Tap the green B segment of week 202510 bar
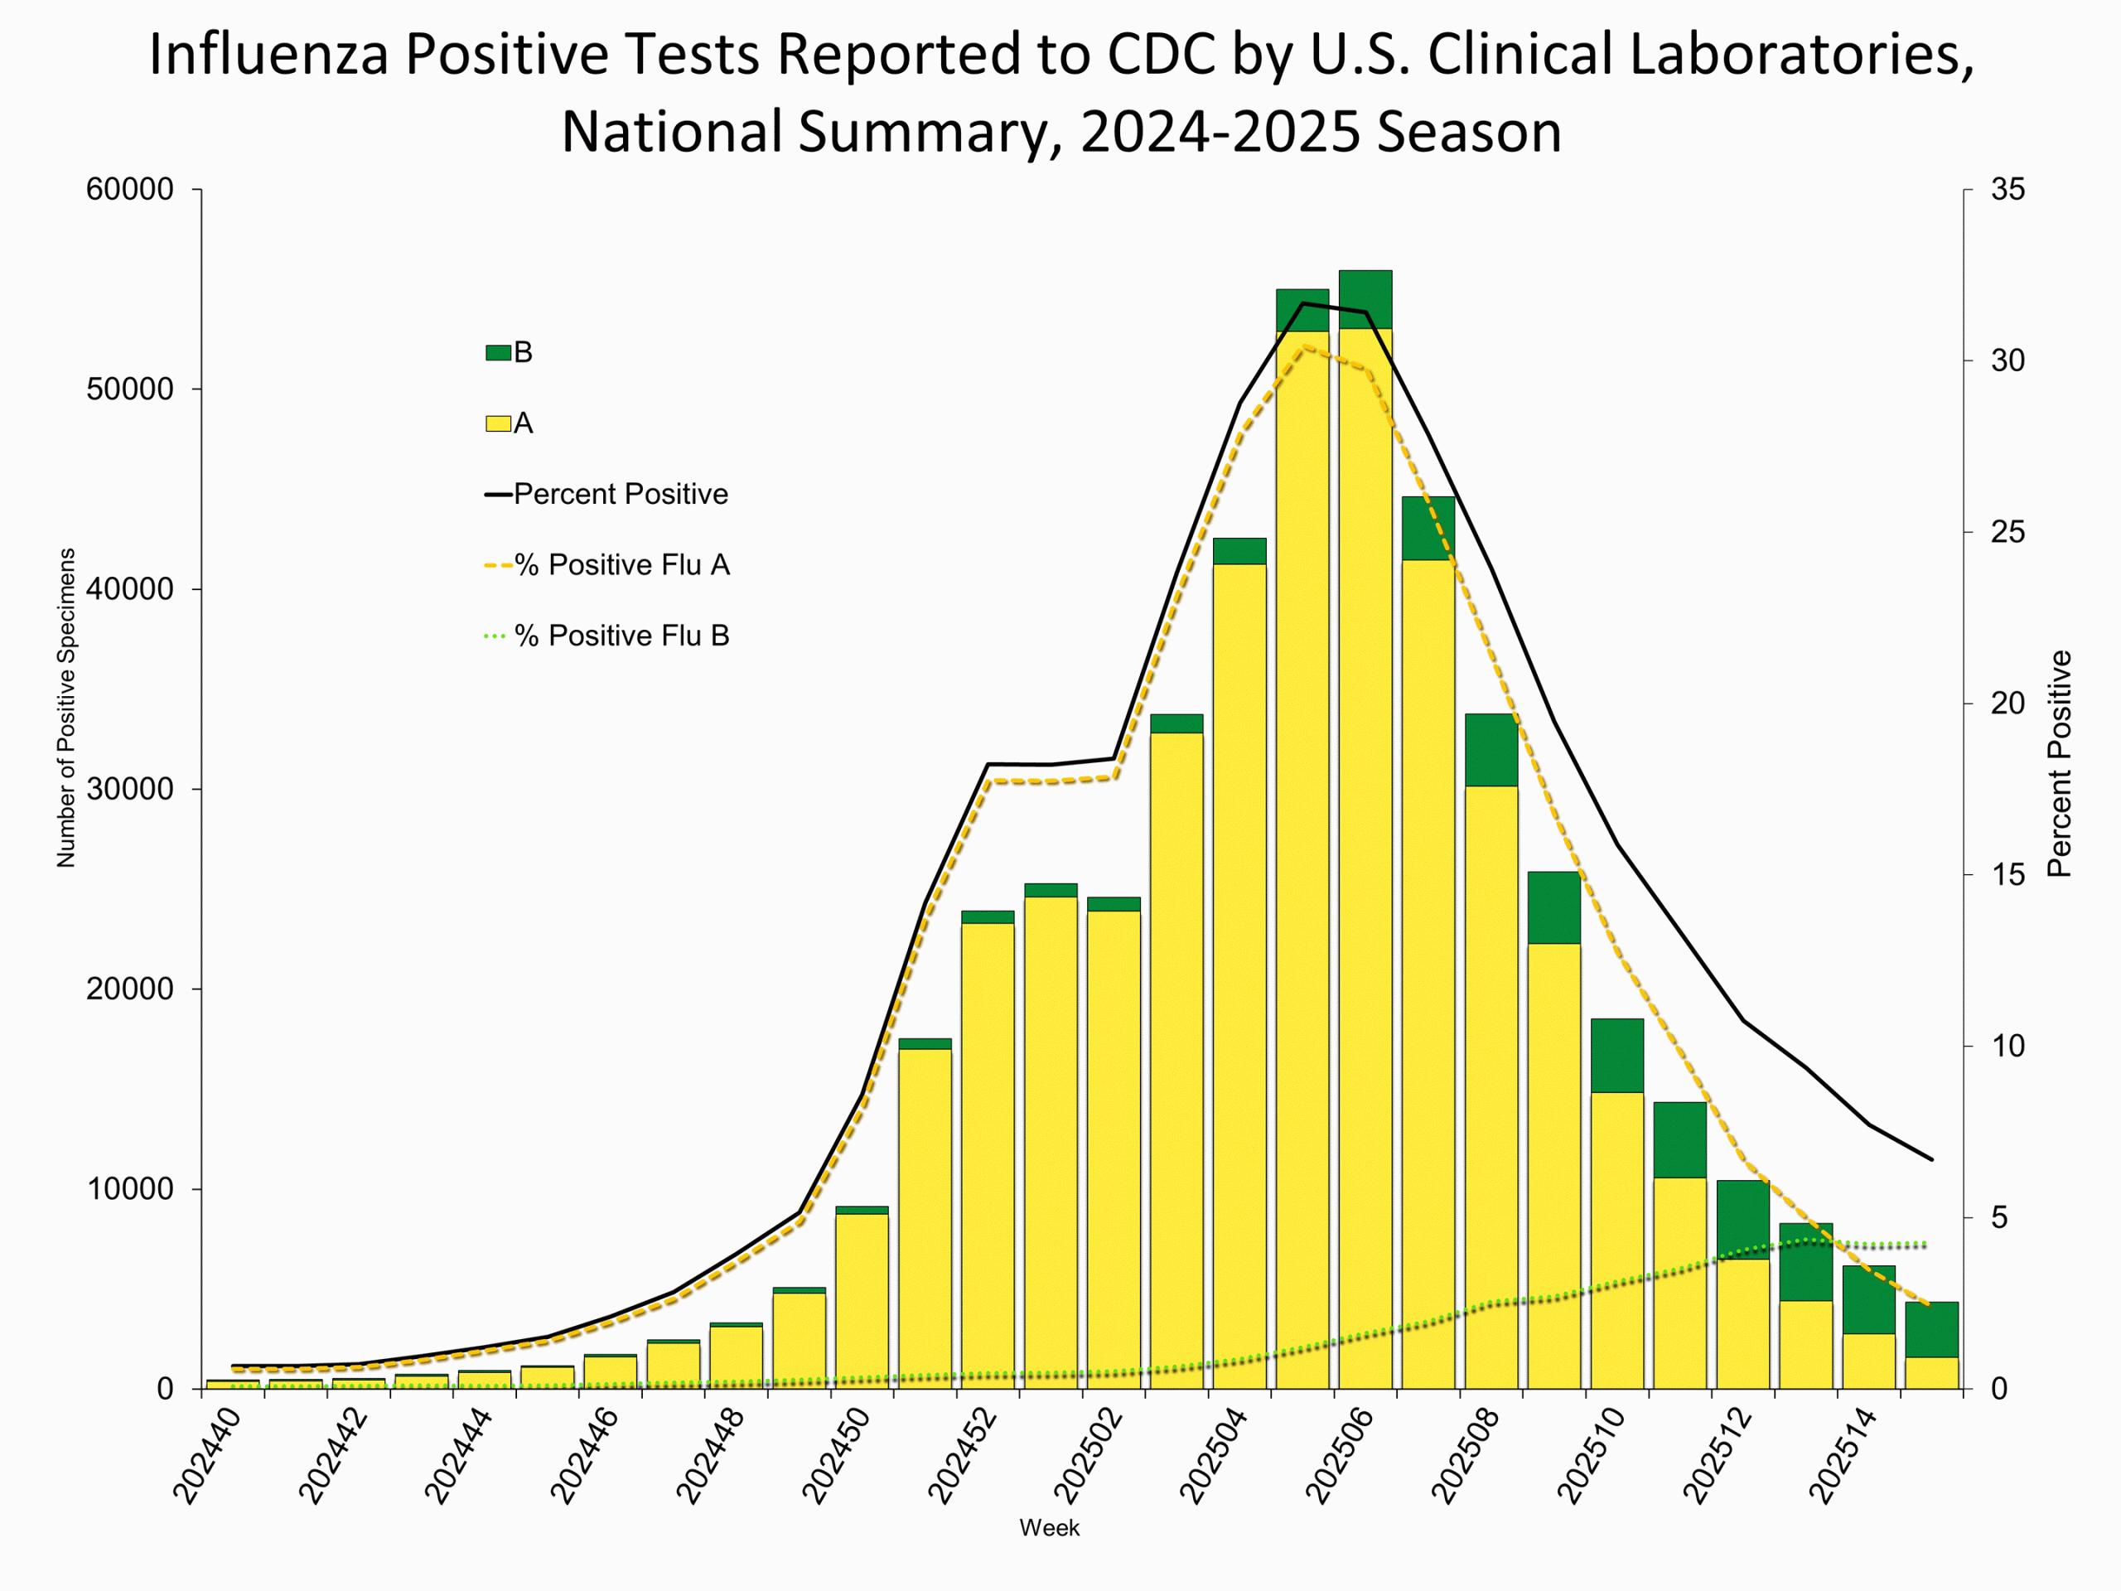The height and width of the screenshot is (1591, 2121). (x=1616, y=1055)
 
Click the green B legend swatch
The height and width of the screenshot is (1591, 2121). (x=498, y=353)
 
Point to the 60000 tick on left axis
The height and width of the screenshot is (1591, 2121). (x=130, y=190)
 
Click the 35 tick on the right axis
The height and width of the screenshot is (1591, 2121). (x=2007, y=190)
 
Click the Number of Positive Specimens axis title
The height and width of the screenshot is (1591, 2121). (x=66, y=708)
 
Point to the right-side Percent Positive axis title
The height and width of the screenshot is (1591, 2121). (x=2060, y=764)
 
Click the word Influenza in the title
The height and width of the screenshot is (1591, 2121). (x=268, y=55)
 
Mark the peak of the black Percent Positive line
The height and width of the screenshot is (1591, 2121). (x=1302, y=303)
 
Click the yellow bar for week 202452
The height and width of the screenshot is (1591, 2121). (x=988, y=1151)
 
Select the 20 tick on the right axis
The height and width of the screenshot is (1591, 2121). (x=2007, y=703)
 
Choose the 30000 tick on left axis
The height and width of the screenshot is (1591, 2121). (x=130, y=789)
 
